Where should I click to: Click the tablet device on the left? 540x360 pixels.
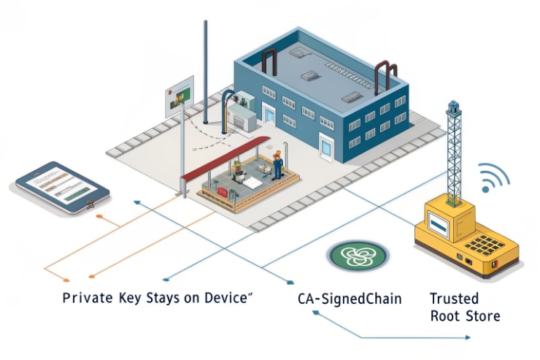point(62,188)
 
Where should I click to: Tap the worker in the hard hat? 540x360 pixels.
point(277,165)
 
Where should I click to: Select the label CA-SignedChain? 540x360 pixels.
point(350,299)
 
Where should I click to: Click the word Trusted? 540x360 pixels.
point(454,299)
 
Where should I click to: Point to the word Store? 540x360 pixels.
point(484,316)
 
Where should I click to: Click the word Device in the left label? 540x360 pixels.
point(226,299)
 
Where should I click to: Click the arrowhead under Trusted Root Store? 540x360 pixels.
point(467,338)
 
